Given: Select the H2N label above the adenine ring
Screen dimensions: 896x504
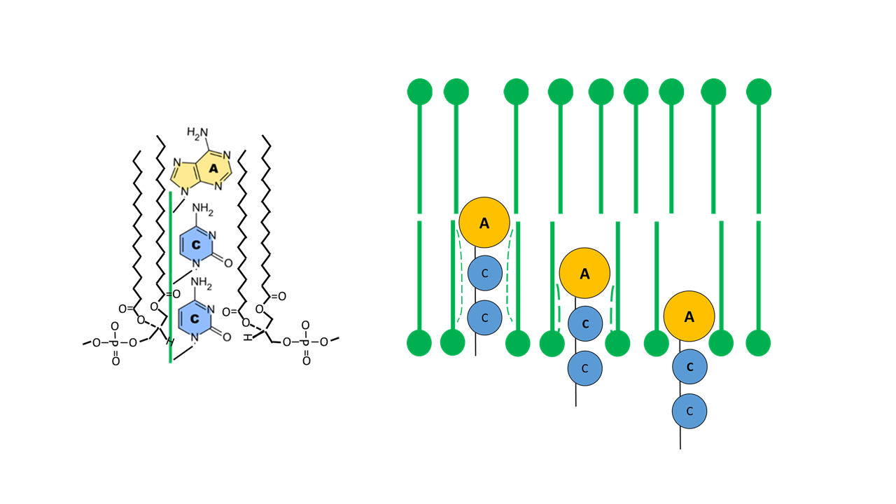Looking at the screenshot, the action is click(x=197, y=134).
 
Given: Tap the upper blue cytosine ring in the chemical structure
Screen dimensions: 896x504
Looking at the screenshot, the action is click(x=196, y=244).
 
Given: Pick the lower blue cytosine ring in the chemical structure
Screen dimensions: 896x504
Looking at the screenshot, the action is click(x=195, y=318).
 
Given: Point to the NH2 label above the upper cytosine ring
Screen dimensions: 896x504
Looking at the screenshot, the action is click(x=203, y=209).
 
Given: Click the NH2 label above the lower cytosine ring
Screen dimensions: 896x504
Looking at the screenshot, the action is click(x=201, y=283).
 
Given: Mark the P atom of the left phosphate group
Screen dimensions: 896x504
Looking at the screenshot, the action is click(x=115, y=343).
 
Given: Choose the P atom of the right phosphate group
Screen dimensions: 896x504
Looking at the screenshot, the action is click(x=306, y=342).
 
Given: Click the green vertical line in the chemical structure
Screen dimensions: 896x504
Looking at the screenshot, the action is click(x=170, y=277).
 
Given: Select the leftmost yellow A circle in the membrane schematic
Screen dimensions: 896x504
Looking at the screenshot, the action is click(x=484, y=223).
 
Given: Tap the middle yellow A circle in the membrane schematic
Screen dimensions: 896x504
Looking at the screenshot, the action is click(x=584, y=273).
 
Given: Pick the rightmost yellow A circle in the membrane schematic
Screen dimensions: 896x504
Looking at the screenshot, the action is click(x=689, y=316).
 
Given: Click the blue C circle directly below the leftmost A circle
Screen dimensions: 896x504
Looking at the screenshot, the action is click(x=485, y=273).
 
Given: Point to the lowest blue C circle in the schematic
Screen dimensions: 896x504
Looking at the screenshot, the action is click(x=689, y=411).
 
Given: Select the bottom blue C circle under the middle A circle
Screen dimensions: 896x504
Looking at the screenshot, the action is click(x=584, y=368).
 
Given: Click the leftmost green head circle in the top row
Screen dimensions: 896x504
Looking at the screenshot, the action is click(x=419, y=92).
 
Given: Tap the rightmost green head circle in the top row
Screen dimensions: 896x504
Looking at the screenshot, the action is click(x=759, y=92).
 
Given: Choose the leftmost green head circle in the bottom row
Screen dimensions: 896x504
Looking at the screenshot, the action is click(x=419, y=343).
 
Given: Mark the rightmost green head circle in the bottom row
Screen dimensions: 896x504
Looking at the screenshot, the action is click(x=758, y=343).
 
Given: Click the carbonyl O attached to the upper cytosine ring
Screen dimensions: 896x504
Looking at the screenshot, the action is click(x=228, y=263).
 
